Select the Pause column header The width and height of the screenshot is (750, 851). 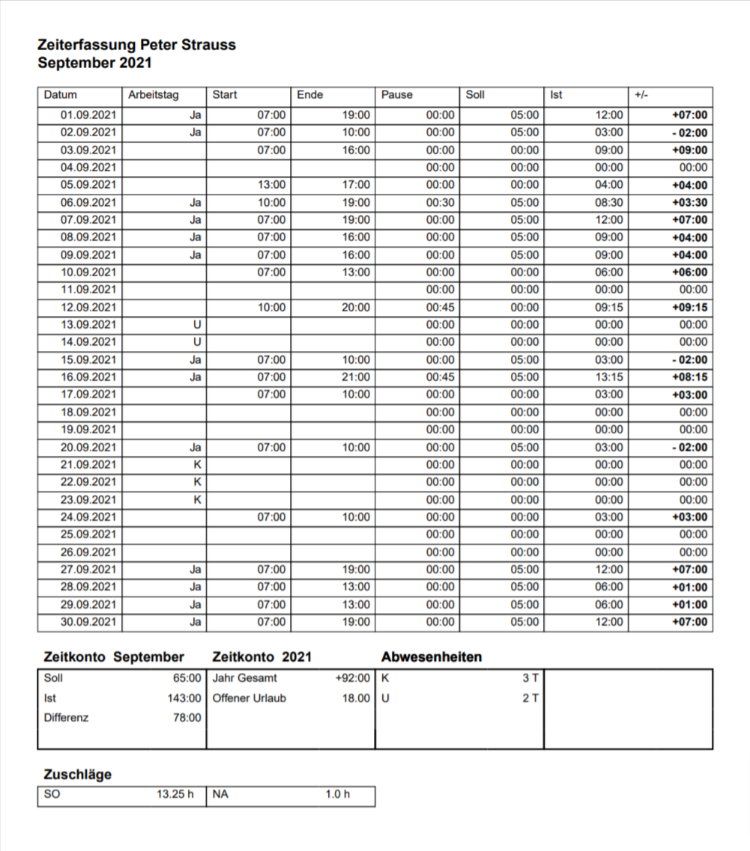click(x=396, y=95)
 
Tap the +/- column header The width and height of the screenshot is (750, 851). click(x=641, y=95)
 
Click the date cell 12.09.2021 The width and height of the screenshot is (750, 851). click(x=88, y=308)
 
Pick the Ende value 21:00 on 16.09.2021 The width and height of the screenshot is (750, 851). click(x=355, y=377)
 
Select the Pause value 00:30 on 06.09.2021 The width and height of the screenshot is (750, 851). click(x=440, y=203)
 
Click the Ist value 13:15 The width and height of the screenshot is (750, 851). click(x=608, y=377)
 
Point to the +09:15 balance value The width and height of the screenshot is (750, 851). click(x=689, y=308)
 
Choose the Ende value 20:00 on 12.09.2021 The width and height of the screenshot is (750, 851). click(x=355, y=308)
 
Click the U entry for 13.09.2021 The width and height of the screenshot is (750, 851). click(x=197, y=325)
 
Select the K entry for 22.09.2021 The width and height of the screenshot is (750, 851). click(x=197, y=482)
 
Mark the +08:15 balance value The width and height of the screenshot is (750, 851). click(x=689, y=377)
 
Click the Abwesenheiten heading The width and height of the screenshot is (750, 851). click(x=431, y=657)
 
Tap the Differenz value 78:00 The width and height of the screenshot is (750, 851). click(x=187, y=718)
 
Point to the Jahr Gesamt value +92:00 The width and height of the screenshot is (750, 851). click(x=352, y=678)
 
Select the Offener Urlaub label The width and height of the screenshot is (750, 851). click(x=249, y=698)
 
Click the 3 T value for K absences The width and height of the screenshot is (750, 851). click(x=530, y=678)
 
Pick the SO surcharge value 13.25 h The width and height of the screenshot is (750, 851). click(x=175, y=794)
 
